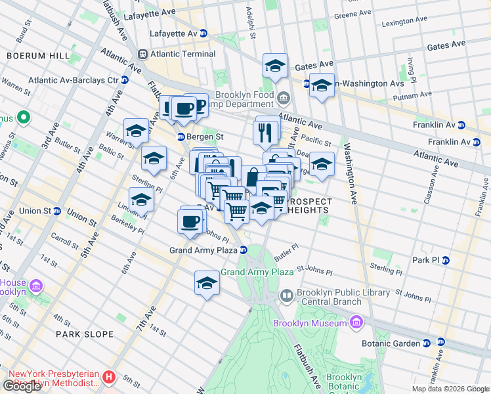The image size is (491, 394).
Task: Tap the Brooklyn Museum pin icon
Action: pyautogui.click(x=356, y=322)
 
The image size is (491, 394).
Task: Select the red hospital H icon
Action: pyautogui.click(x=109, y=378)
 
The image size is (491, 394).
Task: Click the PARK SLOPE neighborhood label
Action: pyautogui.click(x=85, y=334)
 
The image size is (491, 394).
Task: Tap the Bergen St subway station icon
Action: pyautogui.click(x=181, y=137)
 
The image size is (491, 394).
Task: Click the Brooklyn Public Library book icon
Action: pyautogui.click(x=287, y=297)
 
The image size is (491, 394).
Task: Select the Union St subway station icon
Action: pyautogui.click(x=58, y=211)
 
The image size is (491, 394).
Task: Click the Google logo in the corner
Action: pyautogui.click(x=22, y=385)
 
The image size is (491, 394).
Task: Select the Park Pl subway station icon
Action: pyautogui.click(x=446, y=260)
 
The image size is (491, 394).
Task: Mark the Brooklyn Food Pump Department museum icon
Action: pyautogui.click(x=283, y=99)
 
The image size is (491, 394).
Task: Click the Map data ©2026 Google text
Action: pyautogui.click(x=450, y=388)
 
